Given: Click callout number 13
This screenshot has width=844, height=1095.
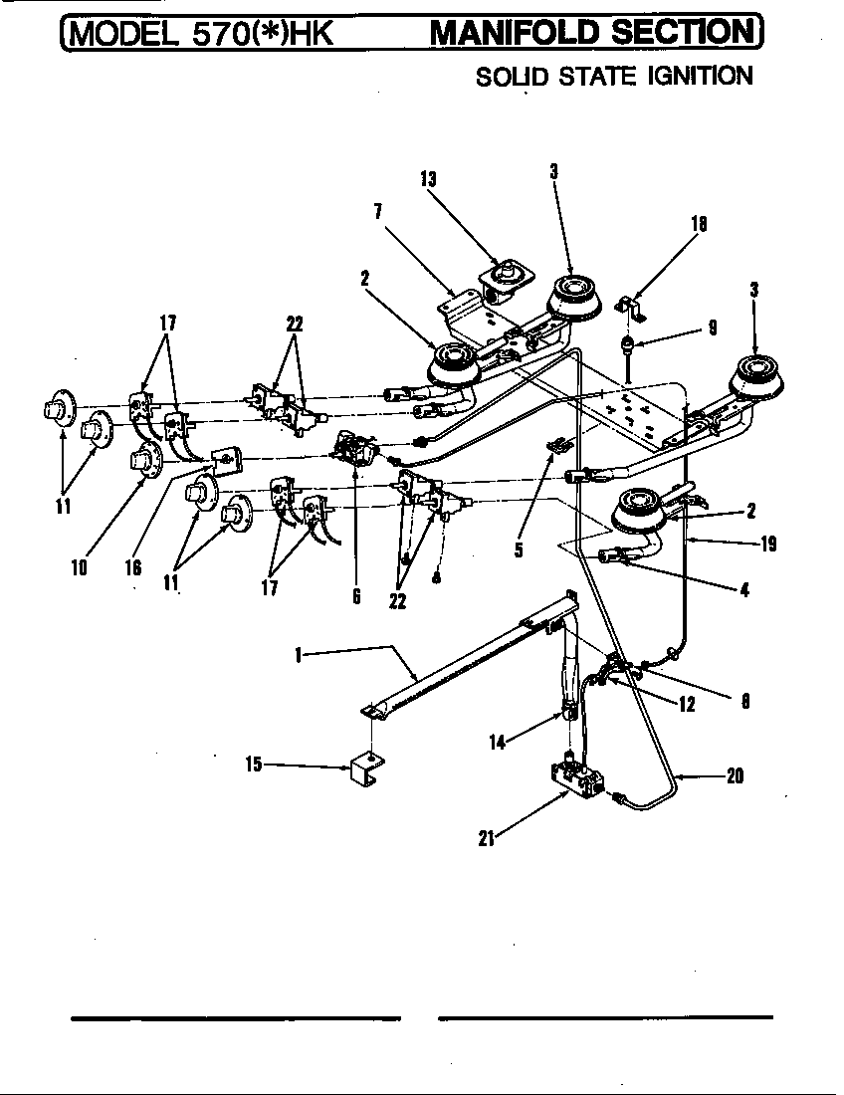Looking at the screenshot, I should coord(428,179).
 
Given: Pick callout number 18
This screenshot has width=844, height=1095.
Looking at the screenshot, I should coord(699,225).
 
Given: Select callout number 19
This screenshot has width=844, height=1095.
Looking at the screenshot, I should coord(767,544).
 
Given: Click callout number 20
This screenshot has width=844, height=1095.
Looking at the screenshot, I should coord(735,777).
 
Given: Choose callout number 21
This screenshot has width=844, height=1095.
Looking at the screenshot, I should coord(487,837).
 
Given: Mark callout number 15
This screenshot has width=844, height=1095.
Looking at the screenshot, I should coord(255,765).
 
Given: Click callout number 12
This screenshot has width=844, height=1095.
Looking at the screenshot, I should coord(687,704).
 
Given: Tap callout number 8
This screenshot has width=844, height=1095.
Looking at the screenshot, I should coord(744,700).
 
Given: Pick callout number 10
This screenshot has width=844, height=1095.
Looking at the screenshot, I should coord(79,567).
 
